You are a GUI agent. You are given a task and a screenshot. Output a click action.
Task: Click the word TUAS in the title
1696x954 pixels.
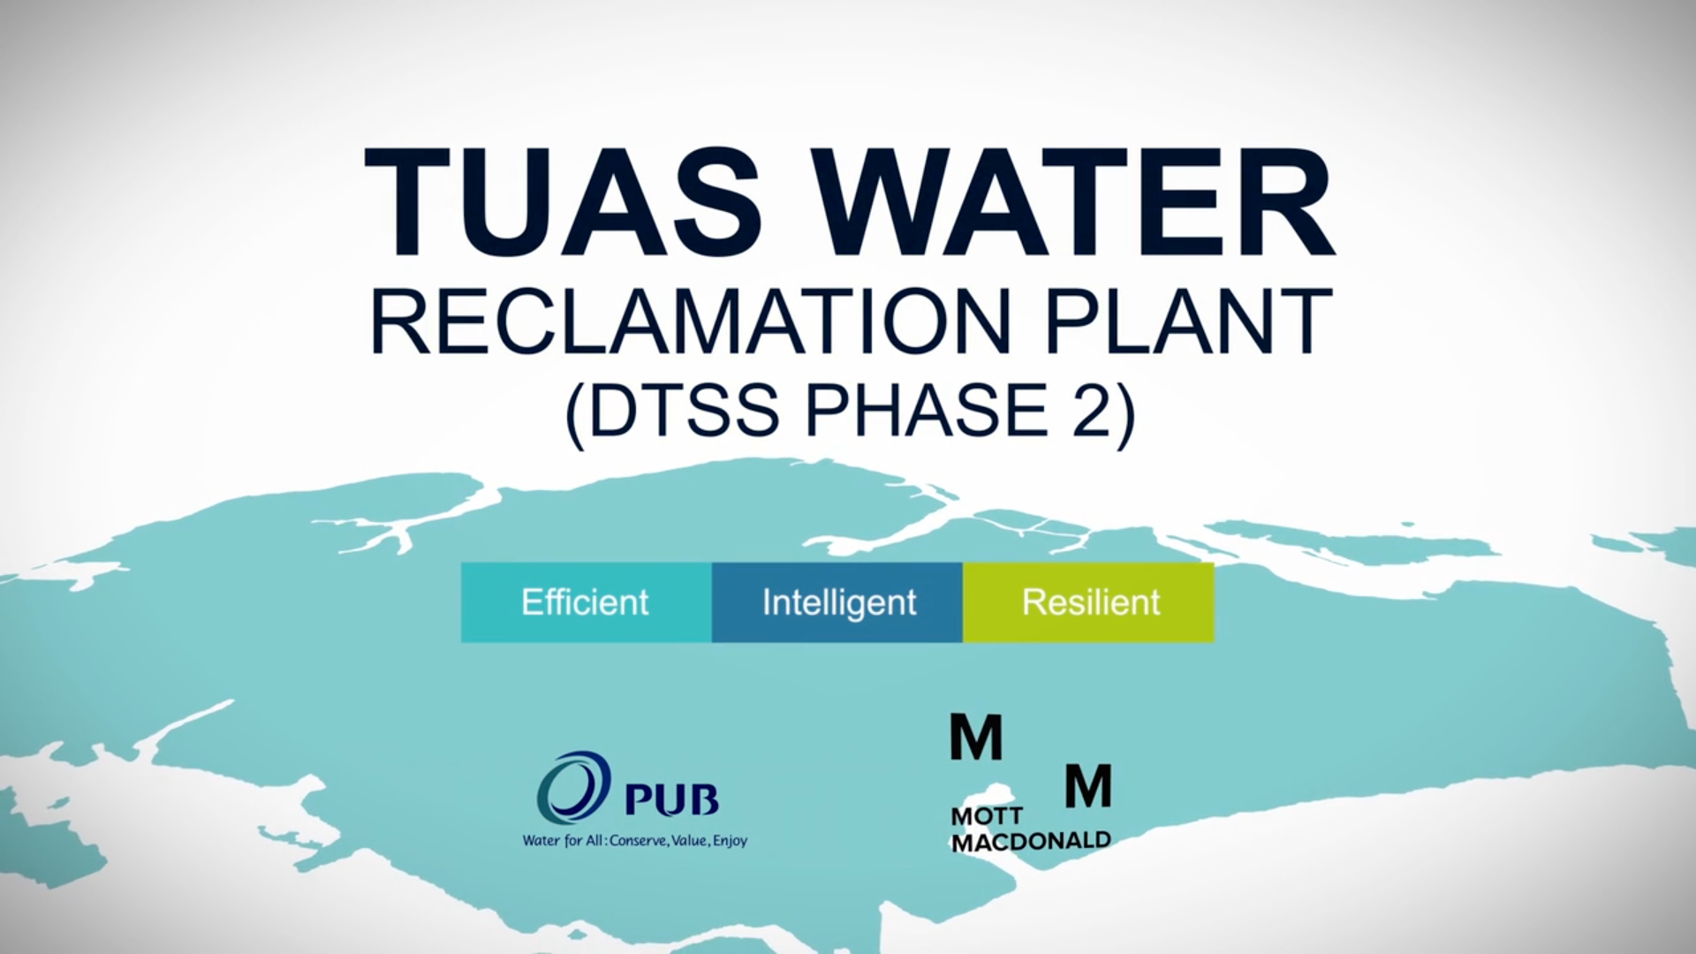pyautogui.click(x=563, y=202)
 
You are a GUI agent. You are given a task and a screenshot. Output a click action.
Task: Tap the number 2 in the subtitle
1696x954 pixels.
pyautogui.click(x=1093, y=410)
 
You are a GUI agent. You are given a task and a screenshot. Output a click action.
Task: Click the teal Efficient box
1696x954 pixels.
pyautogui.click(x=587, y=602)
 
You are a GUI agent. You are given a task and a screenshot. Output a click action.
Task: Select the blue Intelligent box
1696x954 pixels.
pyautogui.click(x=837, y=602)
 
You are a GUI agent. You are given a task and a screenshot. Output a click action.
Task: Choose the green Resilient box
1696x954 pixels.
pyautogui.click(x=1088, y=602)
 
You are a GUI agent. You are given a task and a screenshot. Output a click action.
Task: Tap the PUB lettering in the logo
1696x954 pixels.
pyautogui.click(x=671, y=799)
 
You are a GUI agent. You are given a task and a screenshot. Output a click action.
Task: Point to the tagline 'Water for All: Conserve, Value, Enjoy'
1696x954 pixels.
pyautogui.click(x=635, y=840)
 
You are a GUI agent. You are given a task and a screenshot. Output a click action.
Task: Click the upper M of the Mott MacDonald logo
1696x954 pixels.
pyautogui.click(x=976, y=738)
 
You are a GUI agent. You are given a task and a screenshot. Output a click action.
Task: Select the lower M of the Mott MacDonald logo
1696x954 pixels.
pyautogui.click(x=1087, y=786)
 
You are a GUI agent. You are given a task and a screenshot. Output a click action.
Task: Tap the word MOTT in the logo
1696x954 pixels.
pyautogui.click(x=987, y=817)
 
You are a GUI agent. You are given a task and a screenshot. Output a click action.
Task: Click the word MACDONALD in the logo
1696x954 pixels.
pyautogui.click(x=1031, y=842)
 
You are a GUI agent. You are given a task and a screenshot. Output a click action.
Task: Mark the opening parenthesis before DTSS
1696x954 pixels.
pyautogui.click(x=575, y=415)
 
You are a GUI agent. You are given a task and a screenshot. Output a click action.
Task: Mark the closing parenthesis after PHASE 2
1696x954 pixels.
pyautogui.click(x=1126, y=415)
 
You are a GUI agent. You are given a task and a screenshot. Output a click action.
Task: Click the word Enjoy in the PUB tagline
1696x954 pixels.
pyautogui.click(x=731, y=841)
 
